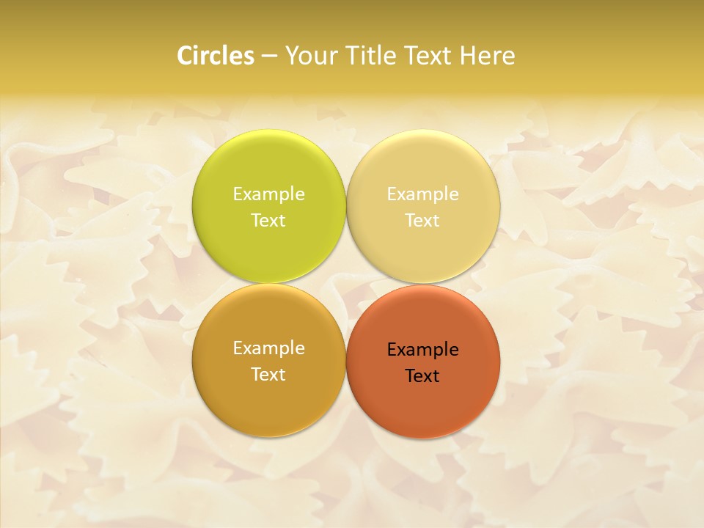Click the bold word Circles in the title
(216, 56)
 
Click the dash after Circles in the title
(269, 56)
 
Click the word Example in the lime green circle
(268, 194)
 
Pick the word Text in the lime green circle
(268, 221)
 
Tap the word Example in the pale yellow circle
(422, 194)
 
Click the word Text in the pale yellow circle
(422, 221)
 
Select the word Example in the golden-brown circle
(268, 348)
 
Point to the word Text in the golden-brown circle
(268, 375)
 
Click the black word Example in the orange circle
(422, 350)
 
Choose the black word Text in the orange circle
(422, 376)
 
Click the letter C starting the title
(185, 56)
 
